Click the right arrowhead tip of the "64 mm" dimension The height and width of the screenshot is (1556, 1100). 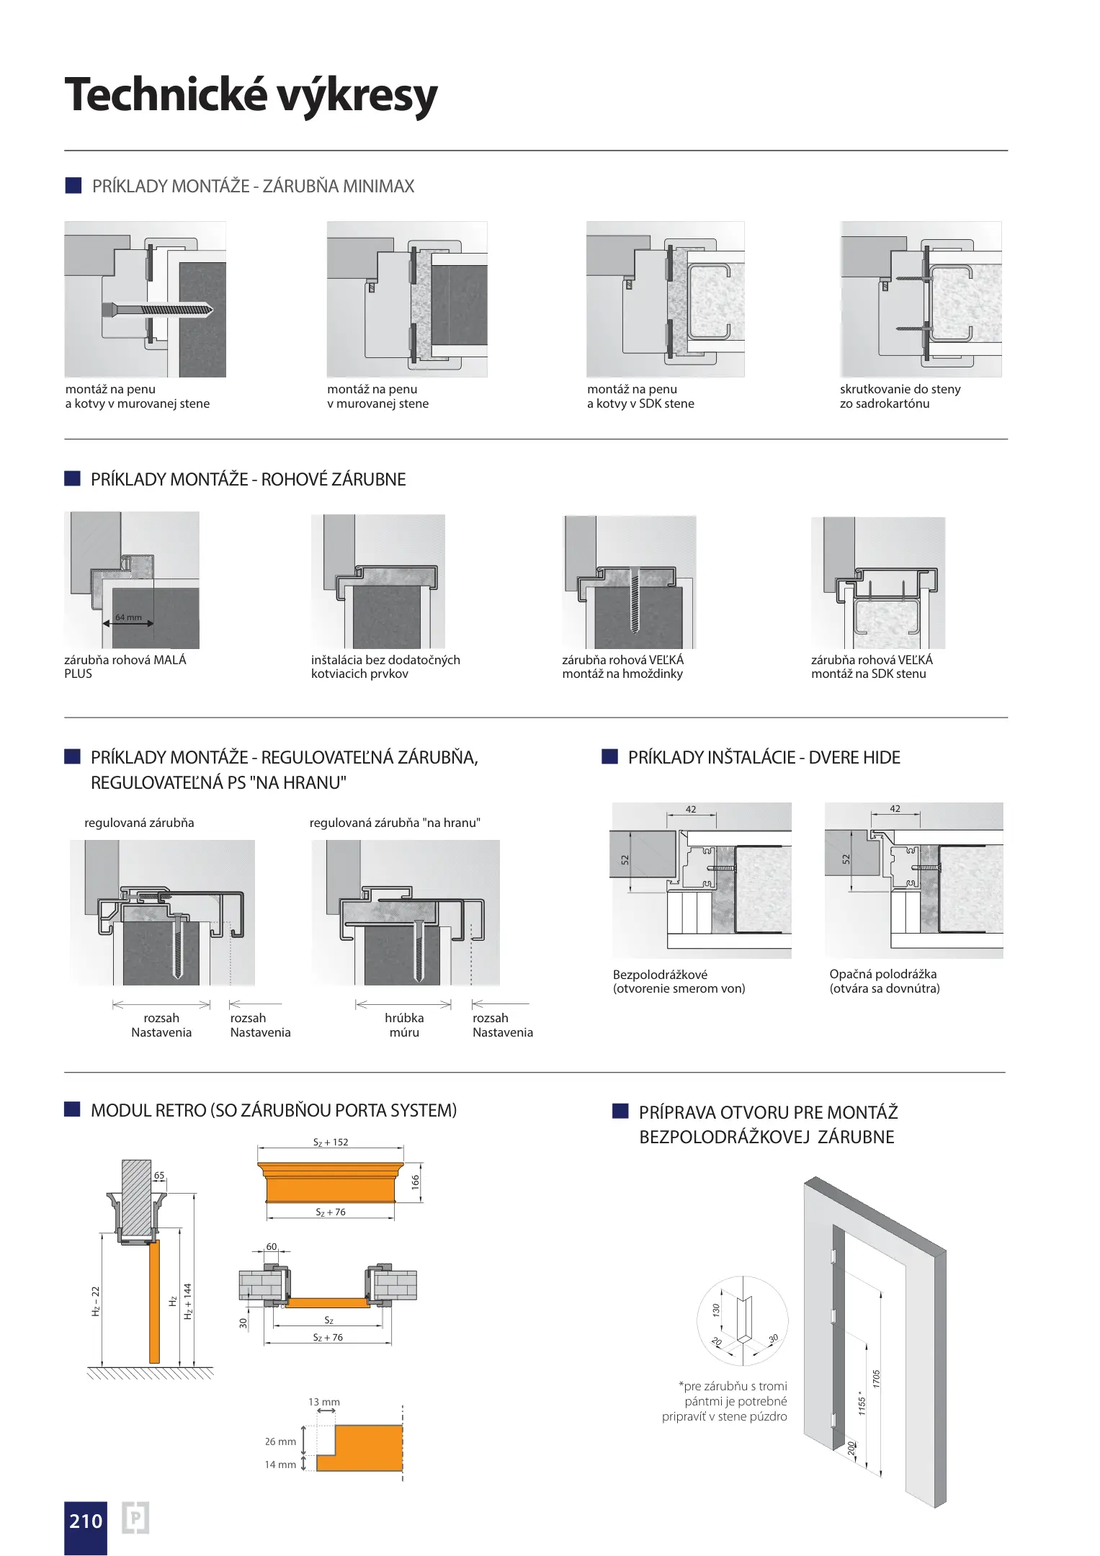click(153, 623)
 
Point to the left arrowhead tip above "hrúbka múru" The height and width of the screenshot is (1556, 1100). click(356, 1005)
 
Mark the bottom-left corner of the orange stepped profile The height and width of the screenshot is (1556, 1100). click(317, 1470)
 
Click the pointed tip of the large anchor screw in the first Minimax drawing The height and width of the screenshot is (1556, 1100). click(213, 310)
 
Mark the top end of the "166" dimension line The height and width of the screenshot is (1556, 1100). click(421, 1163)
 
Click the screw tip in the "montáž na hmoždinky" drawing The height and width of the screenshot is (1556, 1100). click(635, 631)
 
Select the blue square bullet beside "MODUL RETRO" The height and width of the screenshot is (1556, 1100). click(72, 1109)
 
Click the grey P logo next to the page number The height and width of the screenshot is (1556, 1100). click(135, 1518)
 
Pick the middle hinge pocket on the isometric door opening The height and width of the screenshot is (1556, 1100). click(833, 1316)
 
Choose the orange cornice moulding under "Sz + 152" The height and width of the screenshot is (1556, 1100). click(331, 1182)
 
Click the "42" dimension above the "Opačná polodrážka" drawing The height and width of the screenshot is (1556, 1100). click(895, 809)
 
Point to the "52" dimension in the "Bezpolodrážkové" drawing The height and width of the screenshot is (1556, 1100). click(625, 859)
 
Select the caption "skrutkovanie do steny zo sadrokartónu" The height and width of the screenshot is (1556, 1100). click(900, 396)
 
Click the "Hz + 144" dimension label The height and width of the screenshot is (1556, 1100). click(188, 1301)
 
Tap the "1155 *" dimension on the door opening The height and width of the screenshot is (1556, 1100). click(862, 1403)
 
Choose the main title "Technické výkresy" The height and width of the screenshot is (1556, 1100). click(251, 94)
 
